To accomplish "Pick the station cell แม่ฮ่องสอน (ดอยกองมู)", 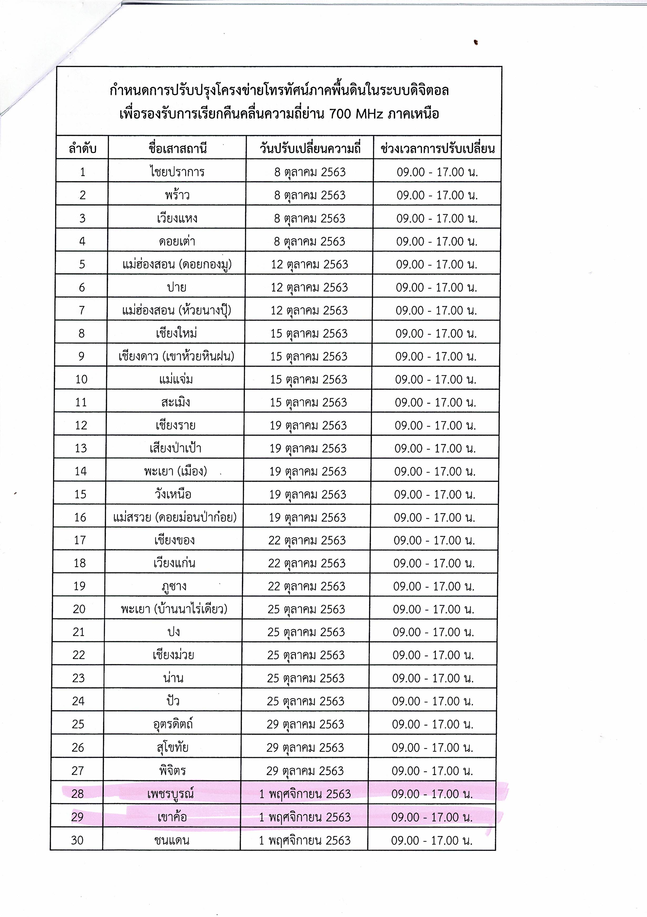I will (x=177, y=265).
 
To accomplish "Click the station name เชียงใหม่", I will (x=176, y=333).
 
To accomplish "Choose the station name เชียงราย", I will (x=175, y=425).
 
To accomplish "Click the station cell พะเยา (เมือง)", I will (x=175, y=471).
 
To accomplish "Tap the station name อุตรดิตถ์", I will (x=173, y=724).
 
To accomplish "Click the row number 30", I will (x=77, y=840).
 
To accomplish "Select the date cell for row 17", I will (x=307, y=540).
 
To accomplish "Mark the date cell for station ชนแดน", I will (x=304, y=840).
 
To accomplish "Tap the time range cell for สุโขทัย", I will (x=432, y=747).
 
